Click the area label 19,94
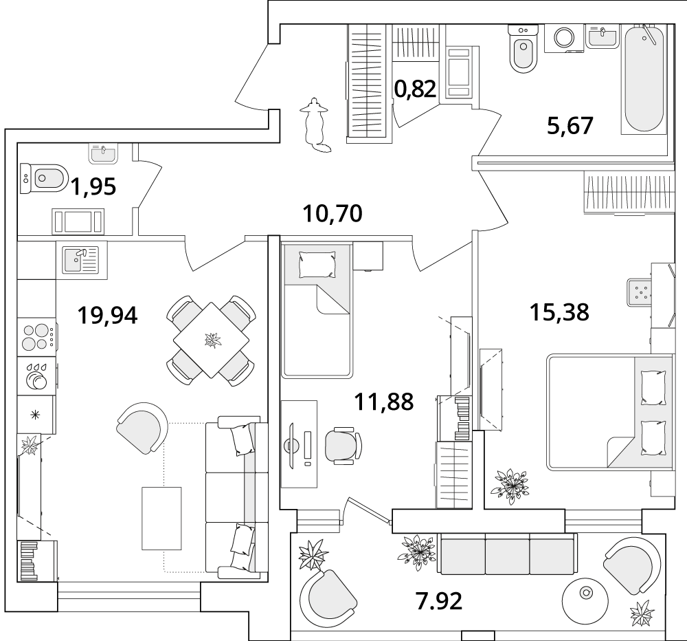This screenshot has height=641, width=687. pyautogui.click(x=107, y=316)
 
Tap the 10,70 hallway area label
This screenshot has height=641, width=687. pyautogui.click(x=333, y=214)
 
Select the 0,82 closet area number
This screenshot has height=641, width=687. pyautogui.click(x=415, y=89)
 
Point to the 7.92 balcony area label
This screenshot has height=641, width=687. pyautogui.click(x=439, y=601)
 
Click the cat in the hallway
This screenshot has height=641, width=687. pyautogui.click(x=315, y=125)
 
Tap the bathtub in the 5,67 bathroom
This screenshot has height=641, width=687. pyautogui.click(x=644, y=79)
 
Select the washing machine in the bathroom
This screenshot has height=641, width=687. pyautogui.click(x=564, y=38)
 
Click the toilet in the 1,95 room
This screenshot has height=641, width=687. pyautogui.click(x=44, y=179)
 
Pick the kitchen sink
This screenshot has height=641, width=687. pyautogui.click(x=80, y=260)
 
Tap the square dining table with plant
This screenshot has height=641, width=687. pyautogui.click(x=211, y=340)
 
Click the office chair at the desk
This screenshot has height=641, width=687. pyautogui.click(x=343, y=446)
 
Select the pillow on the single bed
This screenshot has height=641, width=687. pyautogui.click(x=317, y=264)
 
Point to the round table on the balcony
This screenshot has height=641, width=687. pyautogui.click(x=585, y=594)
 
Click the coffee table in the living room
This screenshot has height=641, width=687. pyautogui.click(x=161, y=518)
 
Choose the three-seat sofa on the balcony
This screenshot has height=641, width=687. pyautogui.click(x=506, y=554)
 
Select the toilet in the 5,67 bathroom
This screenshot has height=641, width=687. pyautogui.click(x=523, y=49)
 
